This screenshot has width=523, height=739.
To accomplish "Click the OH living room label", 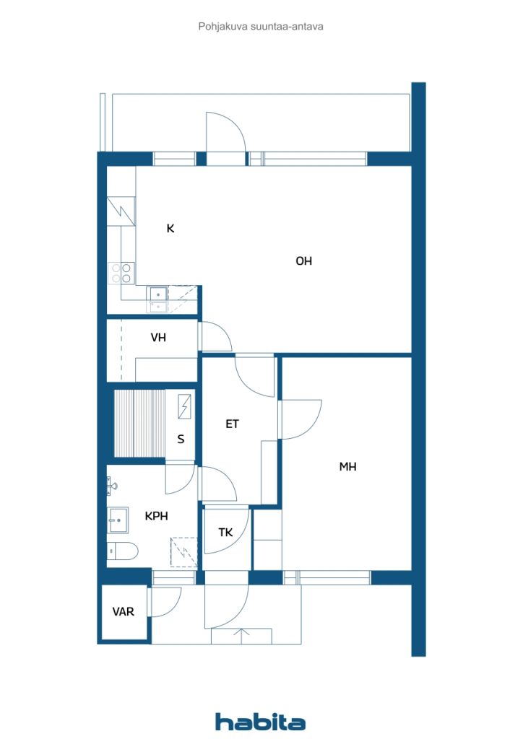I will coord(303,261).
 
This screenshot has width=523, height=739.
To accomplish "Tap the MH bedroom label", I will coord(348,467).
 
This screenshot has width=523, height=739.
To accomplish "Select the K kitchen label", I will coord(170,229).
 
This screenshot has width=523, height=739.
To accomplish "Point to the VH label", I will coord(158,337).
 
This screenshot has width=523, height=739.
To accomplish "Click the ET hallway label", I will coord(232,424).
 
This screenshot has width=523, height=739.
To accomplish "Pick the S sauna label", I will coord(181,439).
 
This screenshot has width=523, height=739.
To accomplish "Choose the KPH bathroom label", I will coord(157,516).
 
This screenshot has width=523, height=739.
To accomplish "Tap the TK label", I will coord(226,533).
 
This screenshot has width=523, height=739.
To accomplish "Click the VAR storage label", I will coord(124,611).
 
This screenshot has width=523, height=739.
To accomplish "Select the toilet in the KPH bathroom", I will coord(122,551).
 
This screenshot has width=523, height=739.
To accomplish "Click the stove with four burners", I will coord(121,273).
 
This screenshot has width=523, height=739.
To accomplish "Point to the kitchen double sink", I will coord(157,299).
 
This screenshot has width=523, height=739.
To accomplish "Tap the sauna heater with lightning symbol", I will coord(184,406).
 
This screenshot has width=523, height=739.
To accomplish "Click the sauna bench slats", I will coord(139,424).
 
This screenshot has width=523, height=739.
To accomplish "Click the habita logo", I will coord(260,722).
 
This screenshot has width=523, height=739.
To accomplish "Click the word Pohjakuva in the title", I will coord(220,26).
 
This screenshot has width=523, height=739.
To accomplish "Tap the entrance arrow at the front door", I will coord(242,635).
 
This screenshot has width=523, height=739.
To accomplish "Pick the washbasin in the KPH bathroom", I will coord(118,517).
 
